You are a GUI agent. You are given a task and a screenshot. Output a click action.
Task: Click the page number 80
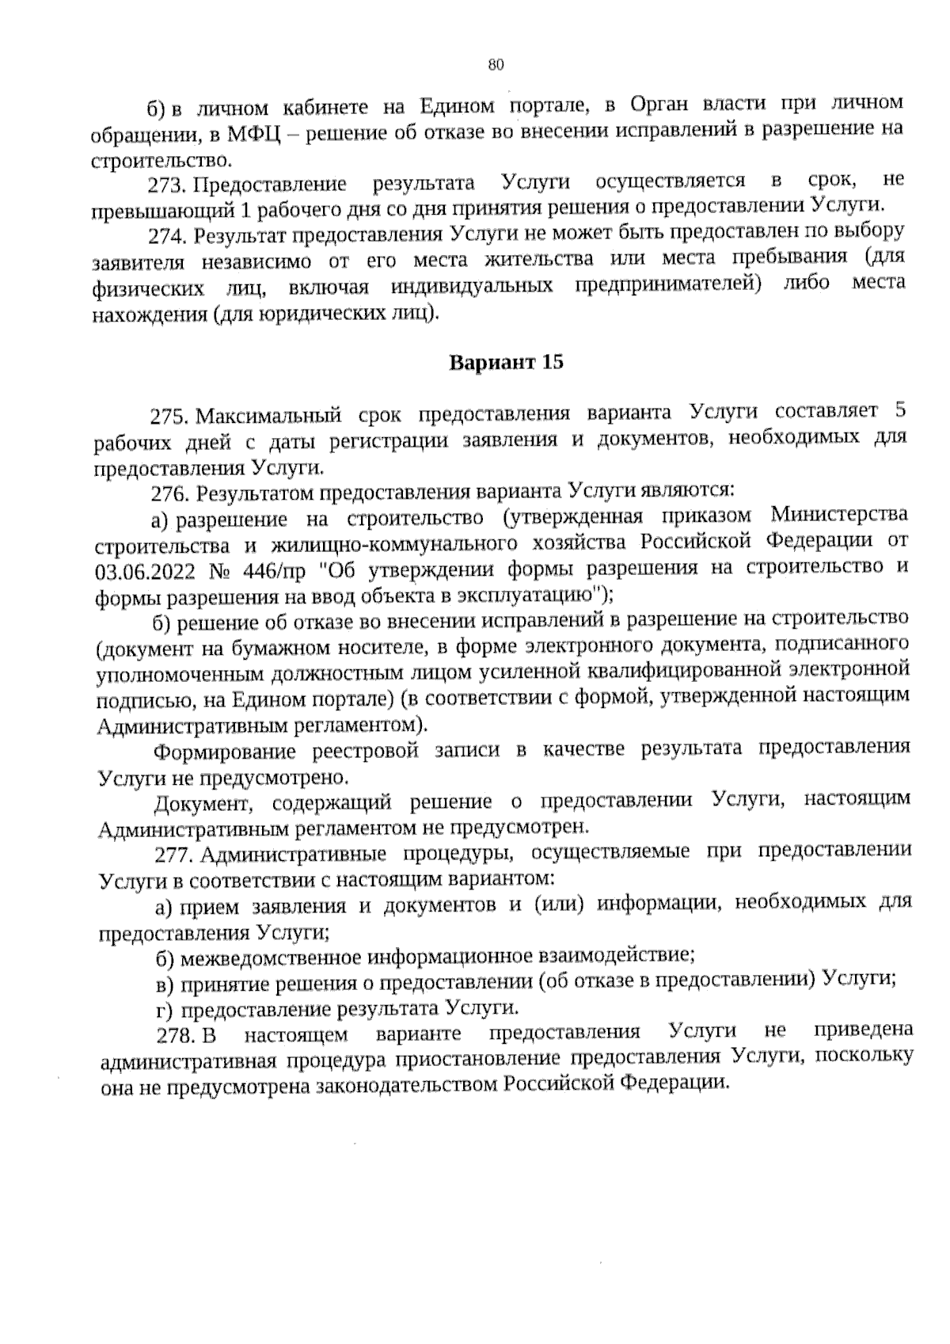496,66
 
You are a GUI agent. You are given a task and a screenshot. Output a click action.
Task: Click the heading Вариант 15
507,363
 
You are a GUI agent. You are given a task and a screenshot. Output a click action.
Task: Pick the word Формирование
225,751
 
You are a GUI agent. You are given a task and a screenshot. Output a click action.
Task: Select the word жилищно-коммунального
384,545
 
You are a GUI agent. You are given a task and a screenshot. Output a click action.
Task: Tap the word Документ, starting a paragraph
205,803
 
